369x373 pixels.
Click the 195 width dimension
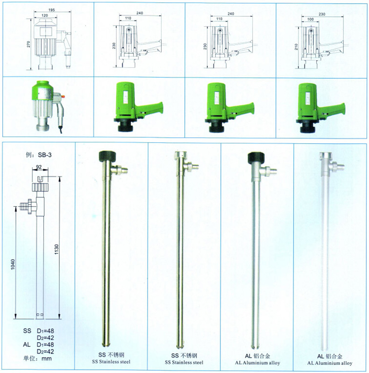(52, 10)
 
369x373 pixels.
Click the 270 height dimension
(28, 44)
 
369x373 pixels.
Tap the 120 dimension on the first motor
(45, 15)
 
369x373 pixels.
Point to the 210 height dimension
(297, 47)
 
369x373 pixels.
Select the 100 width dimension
(311, 19)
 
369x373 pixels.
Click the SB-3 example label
(45, 155)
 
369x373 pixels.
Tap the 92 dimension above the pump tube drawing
(39, 167)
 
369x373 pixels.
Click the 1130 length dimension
(57, 249)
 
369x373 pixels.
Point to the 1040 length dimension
(13, 265)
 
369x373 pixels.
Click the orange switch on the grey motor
(63, 97)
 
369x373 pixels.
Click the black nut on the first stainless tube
(107, 156)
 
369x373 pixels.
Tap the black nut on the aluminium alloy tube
(256, 158)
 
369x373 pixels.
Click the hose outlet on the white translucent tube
(339, 165)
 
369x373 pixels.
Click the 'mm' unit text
(47, 359)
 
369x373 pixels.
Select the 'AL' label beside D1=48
(27, 345)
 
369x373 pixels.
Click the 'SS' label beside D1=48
(27, 331)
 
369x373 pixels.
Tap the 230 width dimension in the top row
(322, 14)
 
